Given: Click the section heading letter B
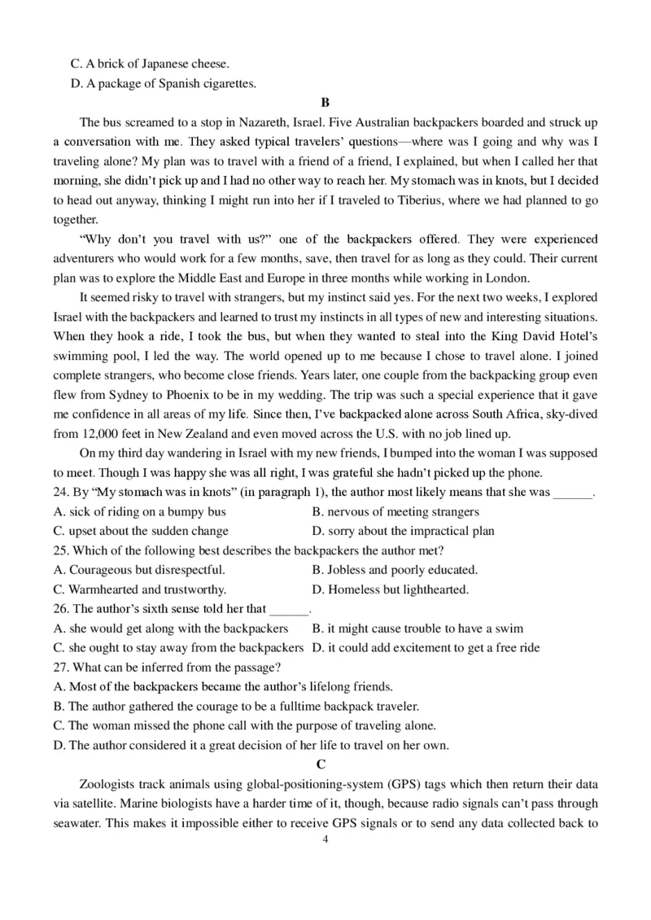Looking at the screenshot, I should point(325,103).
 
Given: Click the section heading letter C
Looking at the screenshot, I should point(321,764).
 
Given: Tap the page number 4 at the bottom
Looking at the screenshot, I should point(325,839).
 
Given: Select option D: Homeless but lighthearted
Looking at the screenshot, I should point(391,589).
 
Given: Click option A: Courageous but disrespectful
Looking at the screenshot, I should point(139,570).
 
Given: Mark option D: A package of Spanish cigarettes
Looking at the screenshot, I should point(164,83).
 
